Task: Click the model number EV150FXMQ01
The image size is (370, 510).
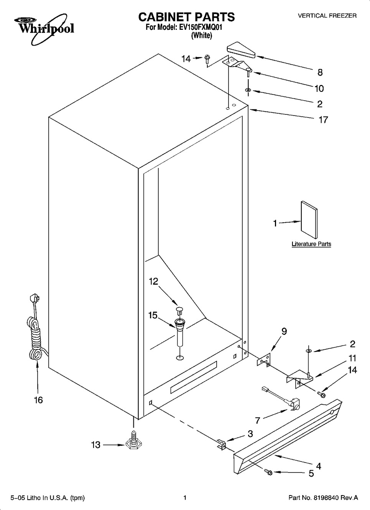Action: tap(201, 28)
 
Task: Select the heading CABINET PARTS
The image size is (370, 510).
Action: tap(187, 17)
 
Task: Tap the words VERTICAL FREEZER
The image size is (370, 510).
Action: tap(327, 16)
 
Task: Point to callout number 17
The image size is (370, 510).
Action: tap(323, 119)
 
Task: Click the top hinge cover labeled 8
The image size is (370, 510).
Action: tap(241, 50)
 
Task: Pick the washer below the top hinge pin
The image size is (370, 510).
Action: tap(248, 91)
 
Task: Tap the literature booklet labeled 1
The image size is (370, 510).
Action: tap(309, 220)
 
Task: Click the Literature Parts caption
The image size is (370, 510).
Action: tap(311, 244)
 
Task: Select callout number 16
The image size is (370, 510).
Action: tap(38, 400)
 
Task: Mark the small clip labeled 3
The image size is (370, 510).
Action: tap(221, 444)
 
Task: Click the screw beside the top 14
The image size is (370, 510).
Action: tap(207, 59)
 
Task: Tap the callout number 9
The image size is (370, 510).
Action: tap(284, 331)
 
